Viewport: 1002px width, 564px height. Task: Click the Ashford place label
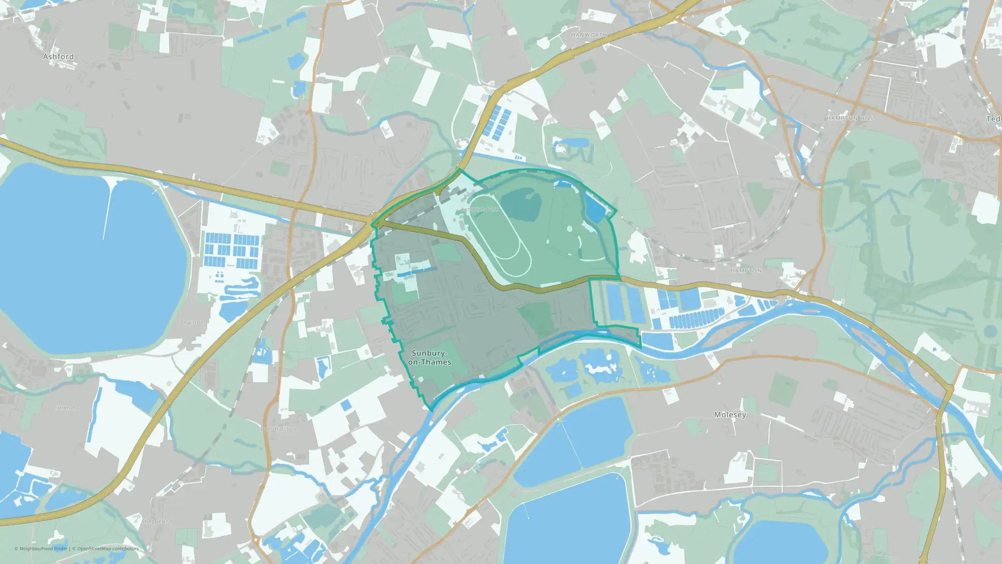coord(58,57)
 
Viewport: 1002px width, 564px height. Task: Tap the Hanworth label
coord(589,35)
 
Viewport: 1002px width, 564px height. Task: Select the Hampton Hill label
coord(850,118)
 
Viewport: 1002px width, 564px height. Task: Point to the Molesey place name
coord(730,415)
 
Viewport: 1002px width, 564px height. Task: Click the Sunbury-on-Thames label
coord(429,357)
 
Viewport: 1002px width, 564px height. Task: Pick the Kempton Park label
coord(479,209)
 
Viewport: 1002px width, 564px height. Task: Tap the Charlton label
coord(192,322)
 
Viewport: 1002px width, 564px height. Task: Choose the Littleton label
coord(65,408)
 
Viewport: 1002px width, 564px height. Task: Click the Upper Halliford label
coord(277,429)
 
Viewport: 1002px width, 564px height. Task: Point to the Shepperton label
coord(156,521)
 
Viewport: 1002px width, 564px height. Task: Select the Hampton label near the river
coord(745,271)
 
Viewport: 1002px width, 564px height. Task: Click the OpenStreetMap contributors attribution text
coord(107,548)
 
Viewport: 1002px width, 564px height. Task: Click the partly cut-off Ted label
coord(994,119)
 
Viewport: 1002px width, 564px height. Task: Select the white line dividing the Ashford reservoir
coord(107,211)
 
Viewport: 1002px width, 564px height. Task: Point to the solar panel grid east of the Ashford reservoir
coord(231,250)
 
